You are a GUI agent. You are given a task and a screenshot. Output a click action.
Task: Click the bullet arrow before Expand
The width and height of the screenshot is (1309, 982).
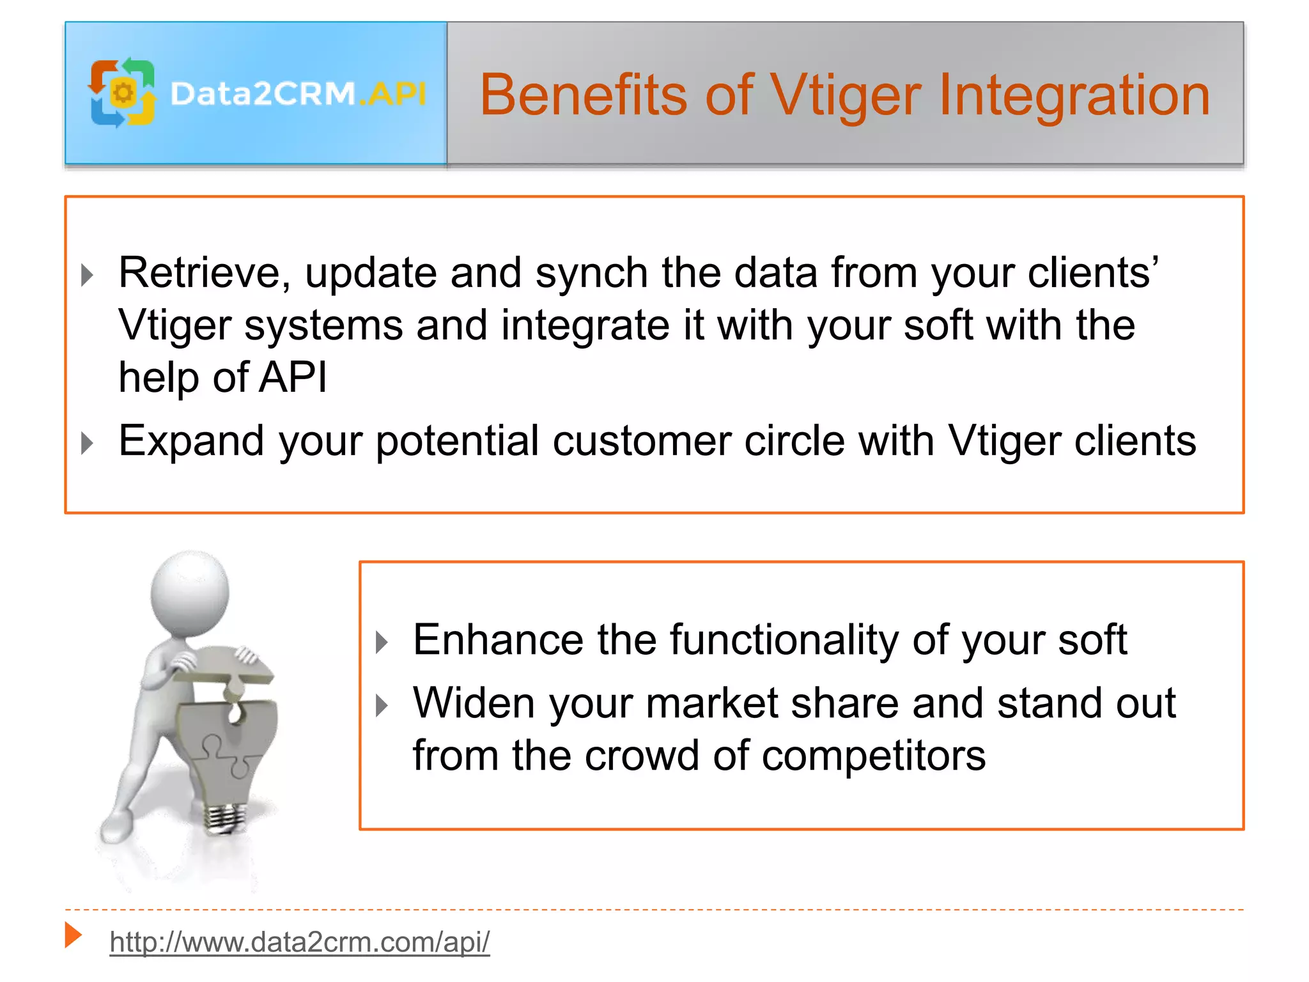tap(88, 443)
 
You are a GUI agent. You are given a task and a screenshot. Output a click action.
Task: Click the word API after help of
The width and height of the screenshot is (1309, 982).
tap(293, 377)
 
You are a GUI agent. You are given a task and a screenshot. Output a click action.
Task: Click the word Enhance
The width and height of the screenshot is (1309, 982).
tap(498, 640)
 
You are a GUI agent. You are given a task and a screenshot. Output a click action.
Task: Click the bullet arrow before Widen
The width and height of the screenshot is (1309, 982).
tap(382, 706)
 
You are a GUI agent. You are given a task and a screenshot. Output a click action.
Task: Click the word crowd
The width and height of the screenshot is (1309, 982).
tap(642, 756)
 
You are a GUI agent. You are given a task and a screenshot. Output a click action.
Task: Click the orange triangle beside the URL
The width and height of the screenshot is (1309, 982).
tap(74, 935)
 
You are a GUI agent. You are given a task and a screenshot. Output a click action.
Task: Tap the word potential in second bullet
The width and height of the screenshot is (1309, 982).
tap(457, 441)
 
